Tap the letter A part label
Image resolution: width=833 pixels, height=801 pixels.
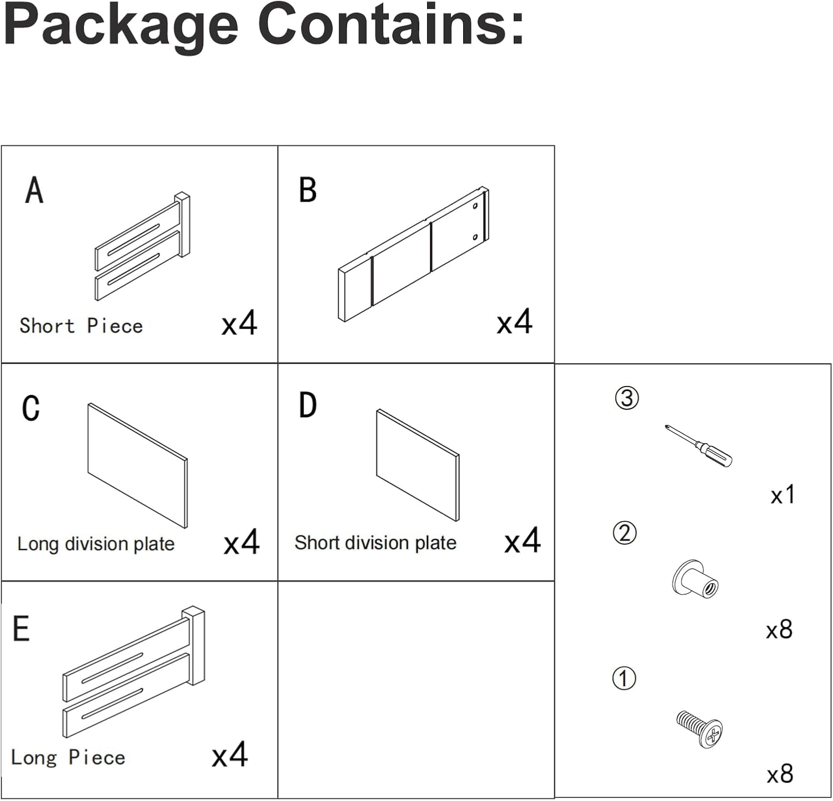point(34,191)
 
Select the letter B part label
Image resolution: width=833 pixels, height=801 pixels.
point(308,191)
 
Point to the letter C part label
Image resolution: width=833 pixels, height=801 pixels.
point(31,408)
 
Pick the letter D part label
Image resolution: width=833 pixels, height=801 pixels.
point(308,405)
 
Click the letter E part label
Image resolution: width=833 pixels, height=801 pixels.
point(21,629)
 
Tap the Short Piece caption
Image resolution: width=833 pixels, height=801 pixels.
point(81,326)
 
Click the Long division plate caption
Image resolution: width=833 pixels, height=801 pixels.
point(96,544)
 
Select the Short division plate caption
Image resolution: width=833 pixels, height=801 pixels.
point(375,543)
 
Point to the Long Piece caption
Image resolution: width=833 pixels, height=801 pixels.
point(68,758)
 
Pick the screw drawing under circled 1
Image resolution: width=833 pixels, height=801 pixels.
point(700,728)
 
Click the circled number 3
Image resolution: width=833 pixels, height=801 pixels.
point(627,398)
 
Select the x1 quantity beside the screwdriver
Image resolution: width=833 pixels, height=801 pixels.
point(783,494)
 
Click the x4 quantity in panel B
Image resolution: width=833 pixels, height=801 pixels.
point(514,322)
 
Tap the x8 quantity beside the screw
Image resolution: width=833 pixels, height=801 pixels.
point(780,774)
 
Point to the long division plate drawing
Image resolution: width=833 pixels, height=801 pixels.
point(138,465)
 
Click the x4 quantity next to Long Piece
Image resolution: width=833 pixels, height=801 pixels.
point(229,755)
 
